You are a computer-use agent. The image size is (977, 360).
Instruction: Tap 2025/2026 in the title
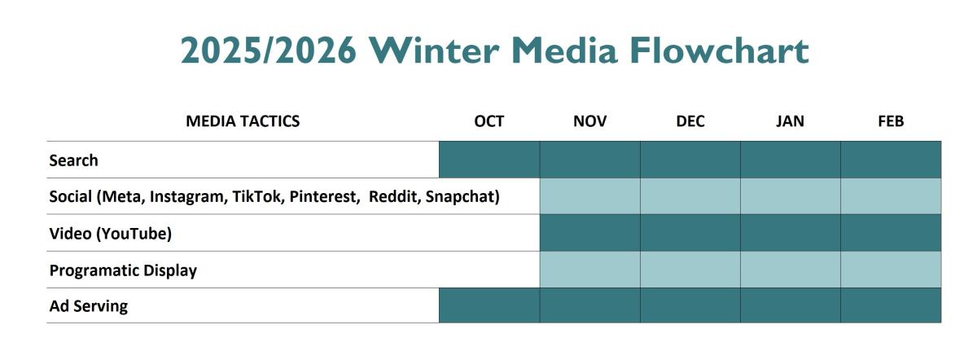click(x=268, y=50)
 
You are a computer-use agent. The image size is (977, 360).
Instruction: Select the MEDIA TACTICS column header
click(x=243, y=121)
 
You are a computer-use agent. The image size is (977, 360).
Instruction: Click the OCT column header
click(x=489, y=121)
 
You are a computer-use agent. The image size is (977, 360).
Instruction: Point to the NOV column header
click(x=589, y=121)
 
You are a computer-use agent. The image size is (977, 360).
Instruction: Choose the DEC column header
click(x=690, y=121)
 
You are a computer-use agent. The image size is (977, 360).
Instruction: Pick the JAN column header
click(x=791, y=121)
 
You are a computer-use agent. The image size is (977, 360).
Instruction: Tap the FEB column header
click(x=891, y=121)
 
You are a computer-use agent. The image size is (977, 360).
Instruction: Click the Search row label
click(x=73, y=160)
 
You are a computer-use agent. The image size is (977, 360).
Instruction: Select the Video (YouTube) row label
click(x=111, y=234)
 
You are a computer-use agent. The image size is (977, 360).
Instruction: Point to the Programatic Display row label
click(x=123, y=270)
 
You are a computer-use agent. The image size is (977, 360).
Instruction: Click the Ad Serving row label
click(x=89, y=307)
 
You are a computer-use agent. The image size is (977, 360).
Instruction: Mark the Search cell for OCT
click(x=489, y=160)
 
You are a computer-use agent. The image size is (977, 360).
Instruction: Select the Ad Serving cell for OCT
click(x=489, y=305)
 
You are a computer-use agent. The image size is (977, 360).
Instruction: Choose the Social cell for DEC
click(x=690, y=196)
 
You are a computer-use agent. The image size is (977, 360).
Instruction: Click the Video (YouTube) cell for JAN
click(x=791, y=233)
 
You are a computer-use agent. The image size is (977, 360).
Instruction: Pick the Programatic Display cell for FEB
click(x=891, y=270)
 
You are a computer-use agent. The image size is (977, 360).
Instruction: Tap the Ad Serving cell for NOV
click(x=589, y=305)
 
